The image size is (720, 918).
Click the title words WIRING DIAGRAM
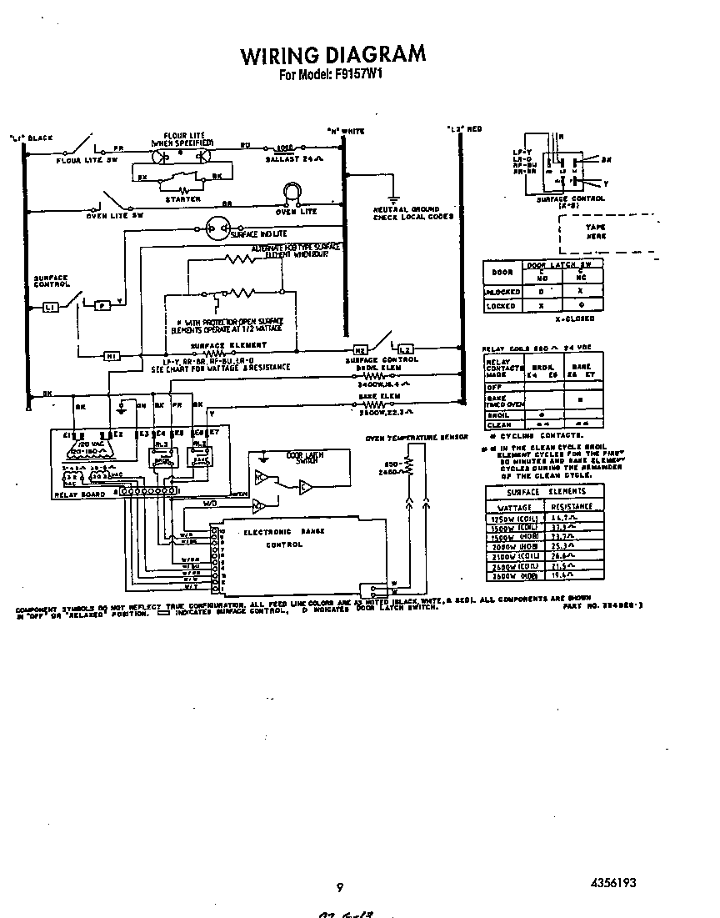click(x=332, y=55)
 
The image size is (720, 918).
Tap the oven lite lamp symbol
click(x=292, y=194)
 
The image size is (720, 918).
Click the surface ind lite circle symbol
click(x=219, y=227)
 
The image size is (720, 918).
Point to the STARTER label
click(x=182, y=199)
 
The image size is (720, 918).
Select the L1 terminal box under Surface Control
click(x=50, y=308)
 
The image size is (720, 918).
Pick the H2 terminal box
click(x=361, y=349)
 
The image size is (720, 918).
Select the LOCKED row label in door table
click(x=502, y=306)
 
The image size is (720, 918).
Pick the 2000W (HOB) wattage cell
click(x=517, y=546)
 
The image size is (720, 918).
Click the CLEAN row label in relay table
click(x=498, y=424)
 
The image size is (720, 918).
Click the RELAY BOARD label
click(x=80, y=494)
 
